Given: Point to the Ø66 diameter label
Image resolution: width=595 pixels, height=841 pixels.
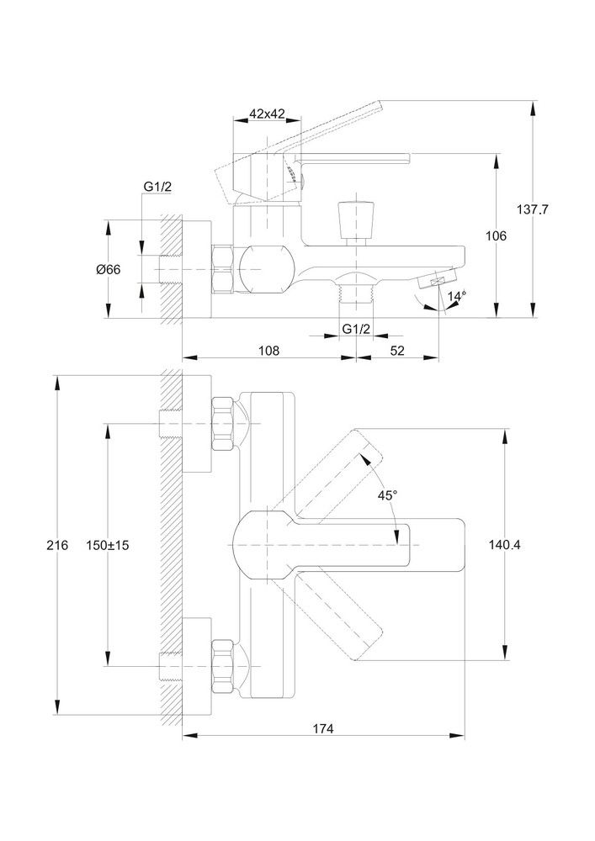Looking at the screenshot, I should (109, 270).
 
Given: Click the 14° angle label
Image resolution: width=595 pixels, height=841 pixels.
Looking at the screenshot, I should (456, 296).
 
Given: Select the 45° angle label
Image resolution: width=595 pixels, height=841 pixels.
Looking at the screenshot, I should (387, 496).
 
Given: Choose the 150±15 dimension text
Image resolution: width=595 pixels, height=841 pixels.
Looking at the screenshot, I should (108, 546).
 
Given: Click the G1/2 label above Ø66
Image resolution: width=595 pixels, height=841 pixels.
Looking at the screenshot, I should (157, 187).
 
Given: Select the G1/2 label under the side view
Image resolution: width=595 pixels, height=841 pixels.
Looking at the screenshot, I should (356, 329).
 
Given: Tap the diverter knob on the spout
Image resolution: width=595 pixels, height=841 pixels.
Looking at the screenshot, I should (353, 220).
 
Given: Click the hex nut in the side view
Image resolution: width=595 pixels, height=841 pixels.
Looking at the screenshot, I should (223, 269).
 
